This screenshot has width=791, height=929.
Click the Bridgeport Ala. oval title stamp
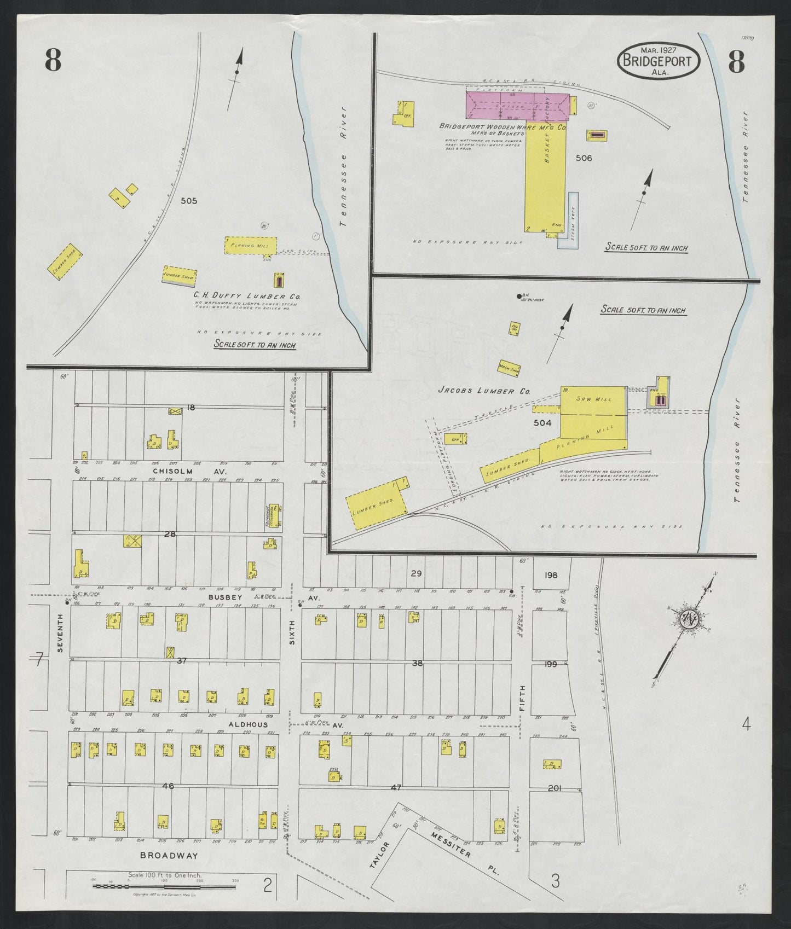pos(659,61)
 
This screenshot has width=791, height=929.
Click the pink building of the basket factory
pos(517,105)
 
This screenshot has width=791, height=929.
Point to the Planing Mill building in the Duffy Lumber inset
pos(251,246)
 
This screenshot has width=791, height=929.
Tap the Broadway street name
pos(169,870)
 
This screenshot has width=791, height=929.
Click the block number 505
pos(189,201)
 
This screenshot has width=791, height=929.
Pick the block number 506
pos(584,158)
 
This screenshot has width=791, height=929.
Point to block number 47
pos(396,787)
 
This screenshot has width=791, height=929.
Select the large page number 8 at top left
pos(53,61)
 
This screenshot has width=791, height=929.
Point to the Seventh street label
pos(61,633)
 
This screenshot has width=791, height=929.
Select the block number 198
pos(551,575)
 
